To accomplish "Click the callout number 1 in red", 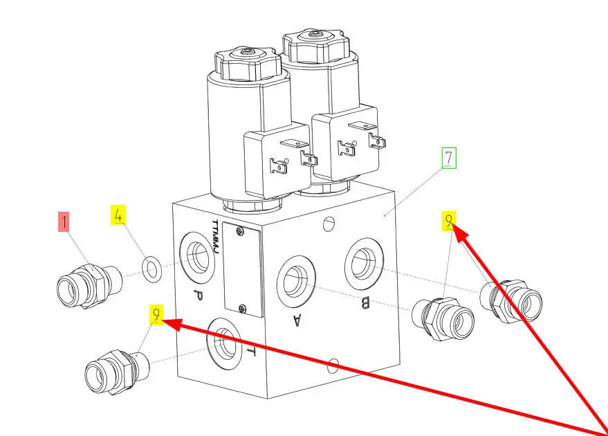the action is [x=64, y=222].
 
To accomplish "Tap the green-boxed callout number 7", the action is [x=449, y=158].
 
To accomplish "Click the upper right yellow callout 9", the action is [x=450, y=221].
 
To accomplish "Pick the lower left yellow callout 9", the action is [x=158, y=316].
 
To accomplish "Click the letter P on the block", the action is [x=197, y=296].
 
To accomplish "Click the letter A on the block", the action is [x=297, y=319].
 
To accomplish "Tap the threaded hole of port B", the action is [x=364, y=261].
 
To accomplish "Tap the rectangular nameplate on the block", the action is [x=242, y=272].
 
